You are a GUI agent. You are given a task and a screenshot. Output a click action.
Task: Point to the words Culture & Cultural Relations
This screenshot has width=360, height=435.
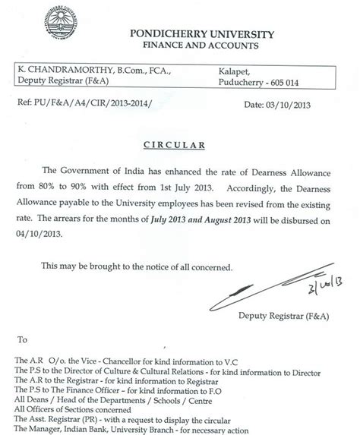(x=159, y=371)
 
